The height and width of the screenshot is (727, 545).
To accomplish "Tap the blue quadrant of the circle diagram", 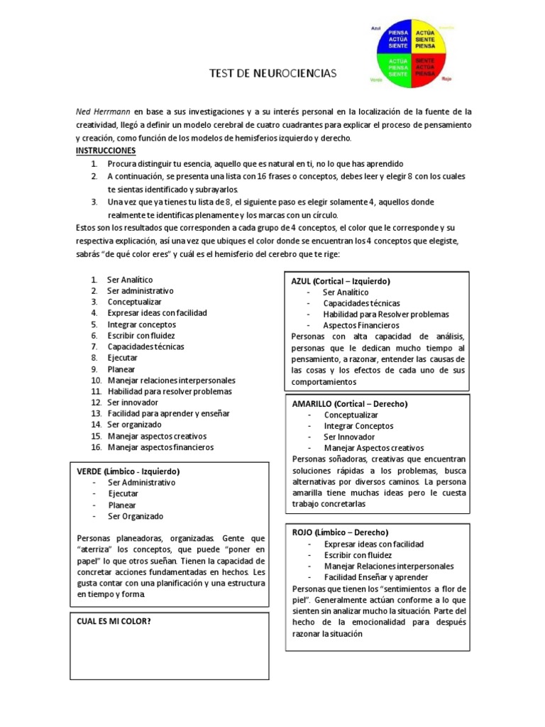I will (x=398, y=39).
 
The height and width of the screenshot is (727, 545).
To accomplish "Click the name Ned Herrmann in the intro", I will (x=103, y=112).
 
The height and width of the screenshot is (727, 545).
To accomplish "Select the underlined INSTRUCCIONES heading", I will (x=105, y=151).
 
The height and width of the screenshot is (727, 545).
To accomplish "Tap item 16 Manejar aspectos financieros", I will (x=160, y=447).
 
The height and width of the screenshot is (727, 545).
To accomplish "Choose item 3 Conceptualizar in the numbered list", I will (x=134, y=302).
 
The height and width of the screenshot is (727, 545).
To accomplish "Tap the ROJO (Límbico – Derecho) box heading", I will (x=340, y=532).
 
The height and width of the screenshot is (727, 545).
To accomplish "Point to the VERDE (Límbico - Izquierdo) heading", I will (x=128, y=471).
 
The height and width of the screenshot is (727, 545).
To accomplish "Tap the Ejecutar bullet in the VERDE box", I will (x=123, y=493).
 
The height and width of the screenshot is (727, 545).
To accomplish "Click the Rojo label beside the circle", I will (x=446, y=79).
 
